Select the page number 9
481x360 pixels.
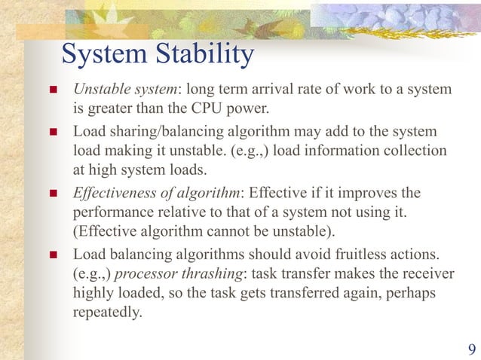[471, 348]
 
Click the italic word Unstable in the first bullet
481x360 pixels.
[99, 90]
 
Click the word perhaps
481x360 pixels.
[411, 293]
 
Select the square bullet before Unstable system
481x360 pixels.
[53, 91]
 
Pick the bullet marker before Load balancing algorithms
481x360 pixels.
[53, 255]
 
